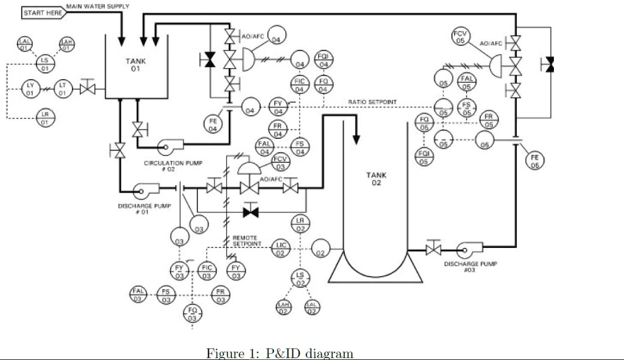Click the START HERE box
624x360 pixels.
(x=43, y=13)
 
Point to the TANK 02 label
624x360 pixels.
(x=375, y=179)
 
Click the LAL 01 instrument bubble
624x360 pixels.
(x=25, y=44)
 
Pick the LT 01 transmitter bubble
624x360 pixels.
(x=63, y=89)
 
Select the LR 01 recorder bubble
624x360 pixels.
(x=44, y=118)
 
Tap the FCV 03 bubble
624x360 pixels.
(x=280, y=163)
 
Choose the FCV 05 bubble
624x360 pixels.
(x=461, y=36)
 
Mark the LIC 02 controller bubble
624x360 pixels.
(x=281, y=248)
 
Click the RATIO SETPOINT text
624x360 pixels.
(x=372, y=102)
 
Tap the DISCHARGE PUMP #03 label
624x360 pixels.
(x=470, y=266)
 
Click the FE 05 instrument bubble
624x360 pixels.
(x=535, y=161)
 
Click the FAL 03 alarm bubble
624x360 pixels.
(x=138, y=294)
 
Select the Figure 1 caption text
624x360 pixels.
(x=280, y=353)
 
